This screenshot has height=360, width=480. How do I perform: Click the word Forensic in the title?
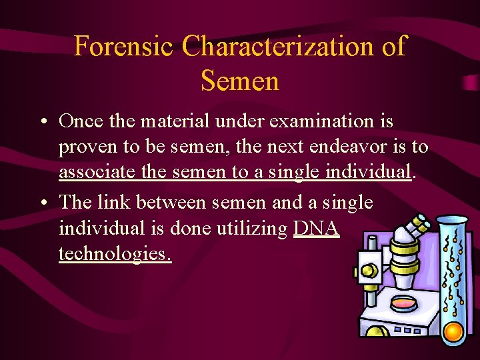[124, 47]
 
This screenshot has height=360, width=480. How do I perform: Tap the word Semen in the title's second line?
[239, 81]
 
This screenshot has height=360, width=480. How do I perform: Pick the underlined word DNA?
[317, 229]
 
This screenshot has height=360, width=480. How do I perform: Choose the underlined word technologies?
[115, 255]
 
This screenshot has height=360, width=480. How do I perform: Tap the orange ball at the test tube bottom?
[453, 331]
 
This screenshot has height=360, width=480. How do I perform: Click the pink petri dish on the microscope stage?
[403, 303]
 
